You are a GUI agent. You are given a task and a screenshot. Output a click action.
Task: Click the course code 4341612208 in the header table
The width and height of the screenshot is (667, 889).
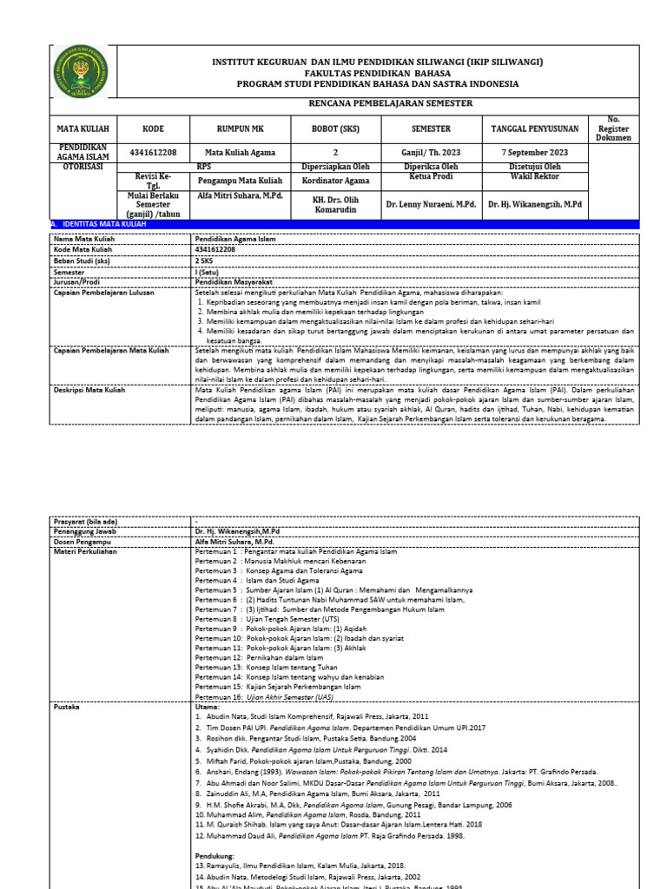153,152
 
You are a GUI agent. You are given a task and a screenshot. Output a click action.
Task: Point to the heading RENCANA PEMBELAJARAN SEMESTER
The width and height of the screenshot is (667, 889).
378,102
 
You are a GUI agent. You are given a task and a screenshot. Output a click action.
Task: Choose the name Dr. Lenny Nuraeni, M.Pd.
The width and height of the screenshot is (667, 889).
432,205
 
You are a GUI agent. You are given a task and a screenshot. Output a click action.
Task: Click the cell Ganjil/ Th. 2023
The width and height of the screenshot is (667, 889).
432,152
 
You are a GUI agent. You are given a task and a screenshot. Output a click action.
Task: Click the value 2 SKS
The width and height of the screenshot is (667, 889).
204,259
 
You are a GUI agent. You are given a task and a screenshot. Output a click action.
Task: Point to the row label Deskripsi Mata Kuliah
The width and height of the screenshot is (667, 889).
89,391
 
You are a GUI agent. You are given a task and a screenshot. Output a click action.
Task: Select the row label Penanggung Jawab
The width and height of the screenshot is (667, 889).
85,530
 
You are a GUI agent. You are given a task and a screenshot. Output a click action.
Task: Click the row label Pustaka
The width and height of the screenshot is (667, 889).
67,707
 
